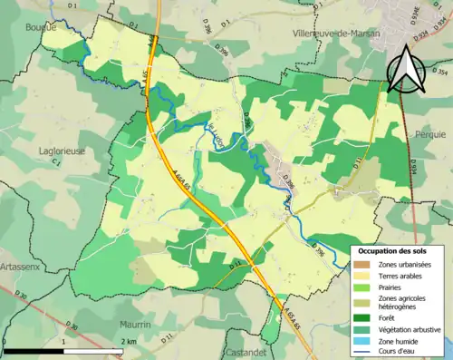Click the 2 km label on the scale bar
(x=129, y=341)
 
